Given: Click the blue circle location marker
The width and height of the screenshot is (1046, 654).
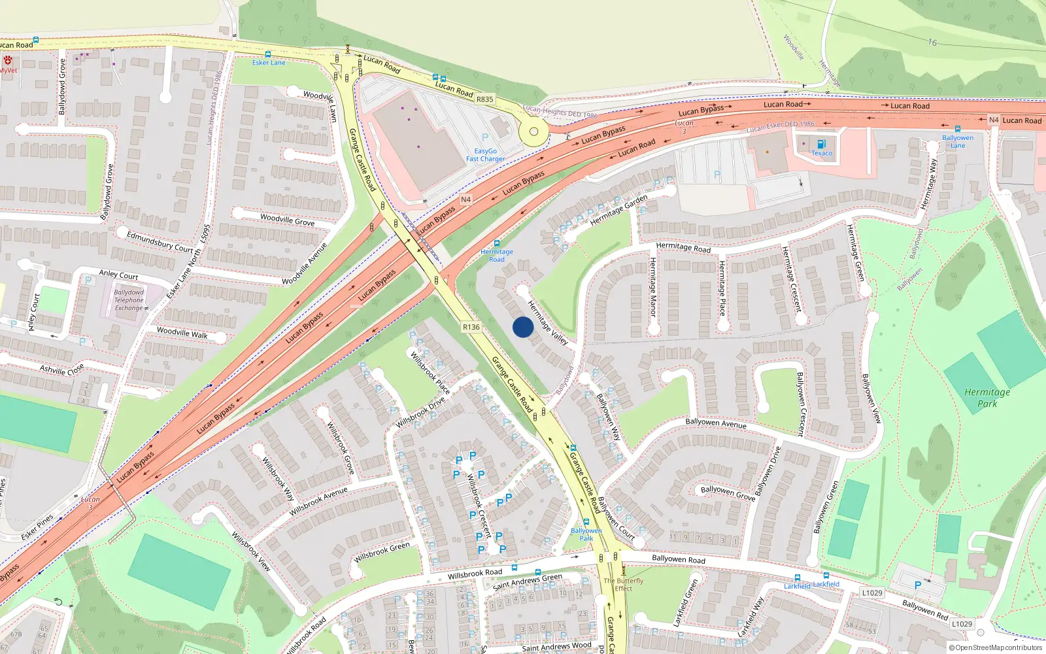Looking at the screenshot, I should click(x=523, y=327).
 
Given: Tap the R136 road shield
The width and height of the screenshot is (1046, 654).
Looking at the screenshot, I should click(x=471, y=327).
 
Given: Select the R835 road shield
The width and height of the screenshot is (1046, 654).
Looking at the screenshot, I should click(x=485, y=99).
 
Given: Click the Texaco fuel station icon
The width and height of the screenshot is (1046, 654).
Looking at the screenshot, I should click(x=822, y=144).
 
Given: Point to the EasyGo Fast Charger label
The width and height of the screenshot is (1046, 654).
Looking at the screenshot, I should click(x=485, y=155).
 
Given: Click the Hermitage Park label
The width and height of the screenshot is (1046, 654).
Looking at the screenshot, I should click(x=987, y=398).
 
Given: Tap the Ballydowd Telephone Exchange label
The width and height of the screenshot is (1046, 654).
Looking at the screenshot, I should click(x=129, y=300).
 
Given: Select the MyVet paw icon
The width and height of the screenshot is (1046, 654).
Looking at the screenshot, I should click(x=8, y=60).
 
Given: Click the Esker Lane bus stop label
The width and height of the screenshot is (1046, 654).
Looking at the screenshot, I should click(x=269, y=63).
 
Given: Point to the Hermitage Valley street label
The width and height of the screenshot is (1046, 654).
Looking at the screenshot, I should click(x=548, y=322).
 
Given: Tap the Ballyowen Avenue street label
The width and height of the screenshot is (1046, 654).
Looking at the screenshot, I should click(x=716, y=423).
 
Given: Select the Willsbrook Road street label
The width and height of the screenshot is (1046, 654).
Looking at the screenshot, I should click(x=475, y=574).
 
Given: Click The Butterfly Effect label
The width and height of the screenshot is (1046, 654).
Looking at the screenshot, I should click(x=623, y=584).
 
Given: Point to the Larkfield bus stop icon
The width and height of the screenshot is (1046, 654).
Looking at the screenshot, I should click(x=826, y=576).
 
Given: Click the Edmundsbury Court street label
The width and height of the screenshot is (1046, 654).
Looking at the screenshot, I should click(x=160, y=242).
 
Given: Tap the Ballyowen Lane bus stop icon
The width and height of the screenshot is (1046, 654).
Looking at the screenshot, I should click(x=958, y=129).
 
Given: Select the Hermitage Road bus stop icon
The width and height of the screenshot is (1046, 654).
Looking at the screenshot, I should click(x=497, y=243).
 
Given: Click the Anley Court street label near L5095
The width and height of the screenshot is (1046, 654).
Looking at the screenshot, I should click(x=118, y=275).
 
